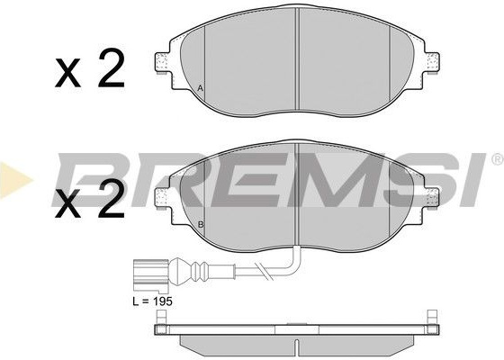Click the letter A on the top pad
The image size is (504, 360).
201,88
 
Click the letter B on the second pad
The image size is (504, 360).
201,225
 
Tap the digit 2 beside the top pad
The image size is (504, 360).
112,68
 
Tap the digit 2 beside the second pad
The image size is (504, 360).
112,199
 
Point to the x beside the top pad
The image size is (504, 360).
67,73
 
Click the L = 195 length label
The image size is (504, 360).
153,301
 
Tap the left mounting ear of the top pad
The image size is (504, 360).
163,63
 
